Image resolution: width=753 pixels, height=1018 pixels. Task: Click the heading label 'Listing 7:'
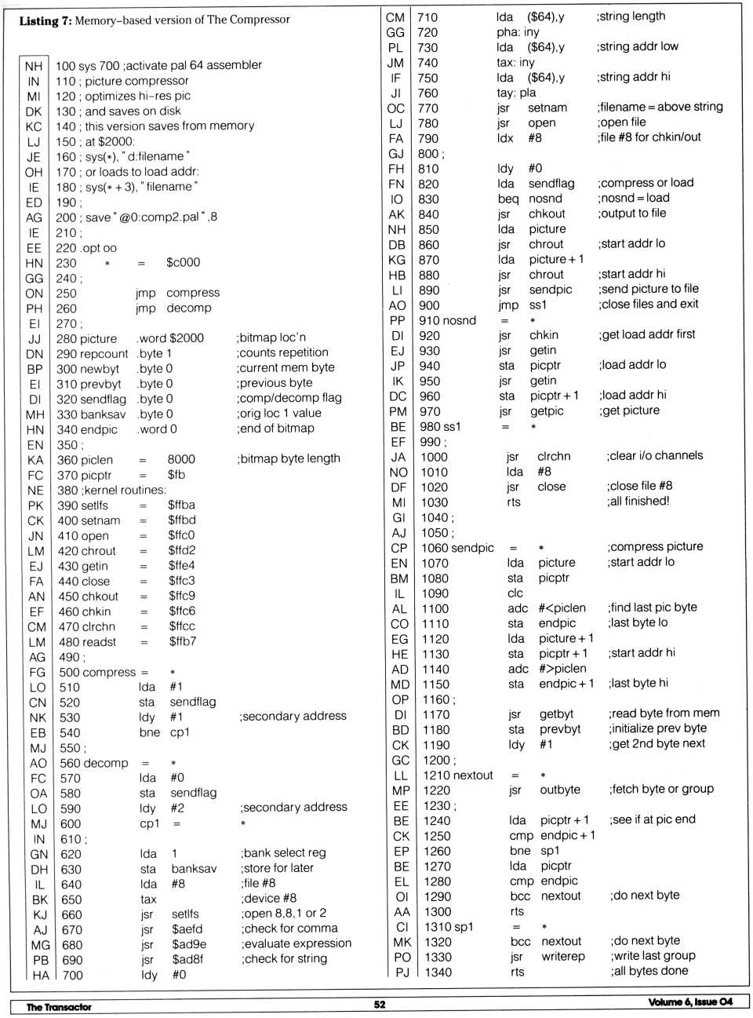tap(45, 20)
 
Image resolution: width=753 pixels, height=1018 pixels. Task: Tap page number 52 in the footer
tap(380, 1004)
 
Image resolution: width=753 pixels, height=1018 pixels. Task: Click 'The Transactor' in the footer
tap(59, 1006)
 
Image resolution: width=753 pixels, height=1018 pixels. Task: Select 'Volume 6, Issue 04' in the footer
tap(690, 1002)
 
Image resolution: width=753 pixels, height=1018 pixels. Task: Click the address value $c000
tap(183, 262)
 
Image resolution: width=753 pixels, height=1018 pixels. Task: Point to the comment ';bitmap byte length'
tap(289, 458)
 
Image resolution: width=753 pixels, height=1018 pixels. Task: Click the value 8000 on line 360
tap(181, 459)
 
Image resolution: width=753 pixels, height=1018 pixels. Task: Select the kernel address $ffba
tap(181, 505)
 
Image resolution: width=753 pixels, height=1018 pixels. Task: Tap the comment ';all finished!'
tap(638, 501)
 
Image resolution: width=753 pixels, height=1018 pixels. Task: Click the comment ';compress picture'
tap(655, 546)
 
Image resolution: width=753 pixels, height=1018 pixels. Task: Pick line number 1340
tap(438, 972)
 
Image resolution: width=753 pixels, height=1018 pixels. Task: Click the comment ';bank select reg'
tap(283, 852)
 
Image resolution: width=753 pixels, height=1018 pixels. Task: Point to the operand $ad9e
tap(189, 944)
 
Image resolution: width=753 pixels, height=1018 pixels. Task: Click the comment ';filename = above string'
tap(660, 107)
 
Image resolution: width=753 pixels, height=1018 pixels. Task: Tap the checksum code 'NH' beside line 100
tap(33, 66)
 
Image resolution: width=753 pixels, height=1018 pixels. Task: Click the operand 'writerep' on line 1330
tap(563, 957)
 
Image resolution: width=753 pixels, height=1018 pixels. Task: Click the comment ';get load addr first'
tap(648, 334)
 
